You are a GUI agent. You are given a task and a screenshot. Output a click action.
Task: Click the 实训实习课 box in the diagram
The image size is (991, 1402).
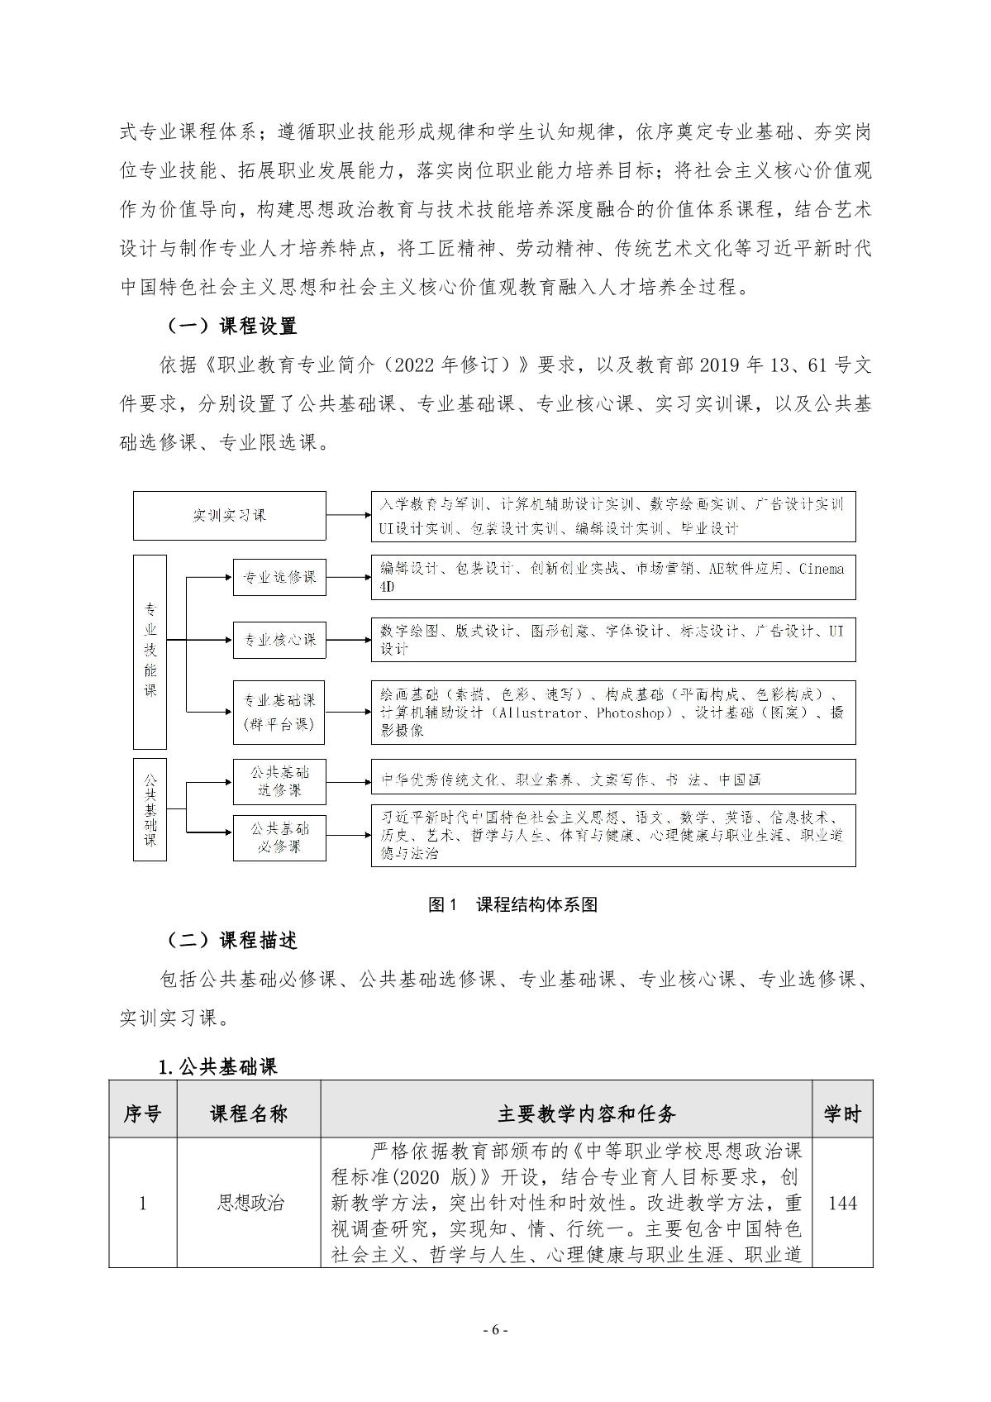230,516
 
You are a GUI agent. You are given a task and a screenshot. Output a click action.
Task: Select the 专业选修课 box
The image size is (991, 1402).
279,577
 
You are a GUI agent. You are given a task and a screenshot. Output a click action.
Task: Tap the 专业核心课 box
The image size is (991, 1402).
279,639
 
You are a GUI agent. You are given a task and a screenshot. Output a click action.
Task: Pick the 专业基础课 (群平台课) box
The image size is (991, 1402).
279,712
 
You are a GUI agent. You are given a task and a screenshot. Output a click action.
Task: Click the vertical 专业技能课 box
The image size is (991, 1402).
150,651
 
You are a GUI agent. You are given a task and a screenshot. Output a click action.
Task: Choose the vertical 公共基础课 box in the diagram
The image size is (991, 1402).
150,808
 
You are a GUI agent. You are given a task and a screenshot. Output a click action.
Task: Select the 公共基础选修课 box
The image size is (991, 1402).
279,781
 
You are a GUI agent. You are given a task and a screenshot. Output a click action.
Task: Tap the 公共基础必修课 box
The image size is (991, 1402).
279,837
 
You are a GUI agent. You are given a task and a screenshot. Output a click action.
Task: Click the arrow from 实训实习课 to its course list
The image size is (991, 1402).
348,516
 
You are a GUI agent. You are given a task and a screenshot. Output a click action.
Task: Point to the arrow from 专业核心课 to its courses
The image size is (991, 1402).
348,639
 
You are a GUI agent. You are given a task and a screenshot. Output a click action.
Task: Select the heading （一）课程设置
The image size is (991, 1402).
231,326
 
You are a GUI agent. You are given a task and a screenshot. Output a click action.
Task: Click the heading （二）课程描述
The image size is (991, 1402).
231,940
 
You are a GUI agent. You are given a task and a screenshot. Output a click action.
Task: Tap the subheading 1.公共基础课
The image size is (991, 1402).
217,1066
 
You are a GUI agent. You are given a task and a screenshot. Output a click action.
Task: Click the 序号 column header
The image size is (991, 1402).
142,1113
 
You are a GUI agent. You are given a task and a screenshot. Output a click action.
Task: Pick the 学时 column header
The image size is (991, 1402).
841,1113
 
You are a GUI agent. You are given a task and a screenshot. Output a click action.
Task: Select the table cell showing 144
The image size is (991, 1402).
841,1203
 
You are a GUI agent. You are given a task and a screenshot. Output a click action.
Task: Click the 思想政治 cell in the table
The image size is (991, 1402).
249,1203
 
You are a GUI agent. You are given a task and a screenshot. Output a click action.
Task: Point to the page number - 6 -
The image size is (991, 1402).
495,1330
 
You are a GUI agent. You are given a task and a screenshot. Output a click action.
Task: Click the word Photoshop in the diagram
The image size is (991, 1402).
631,713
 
